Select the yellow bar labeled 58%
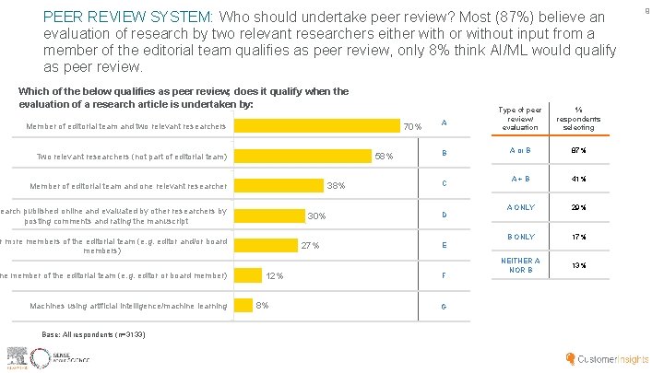click(302, 156)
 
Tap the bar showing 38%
click(279, 186)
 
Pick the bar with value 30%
click(268, 216)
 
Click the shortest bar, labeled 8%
click(243, 305)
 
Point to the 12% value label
click(274, 275)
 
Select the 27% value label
click(310, 246)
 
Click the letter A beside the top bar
click(444, 123)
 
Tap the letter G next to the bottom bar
click(444, 306)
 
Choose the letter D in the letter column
click(444, 215)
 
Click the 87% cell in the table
click(578, 149)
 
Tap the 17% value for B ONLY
click(578, 237)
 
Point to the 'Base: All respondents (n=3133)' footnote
click(92, 333)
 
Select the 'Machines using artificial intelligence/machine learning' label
click(128, 306)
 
